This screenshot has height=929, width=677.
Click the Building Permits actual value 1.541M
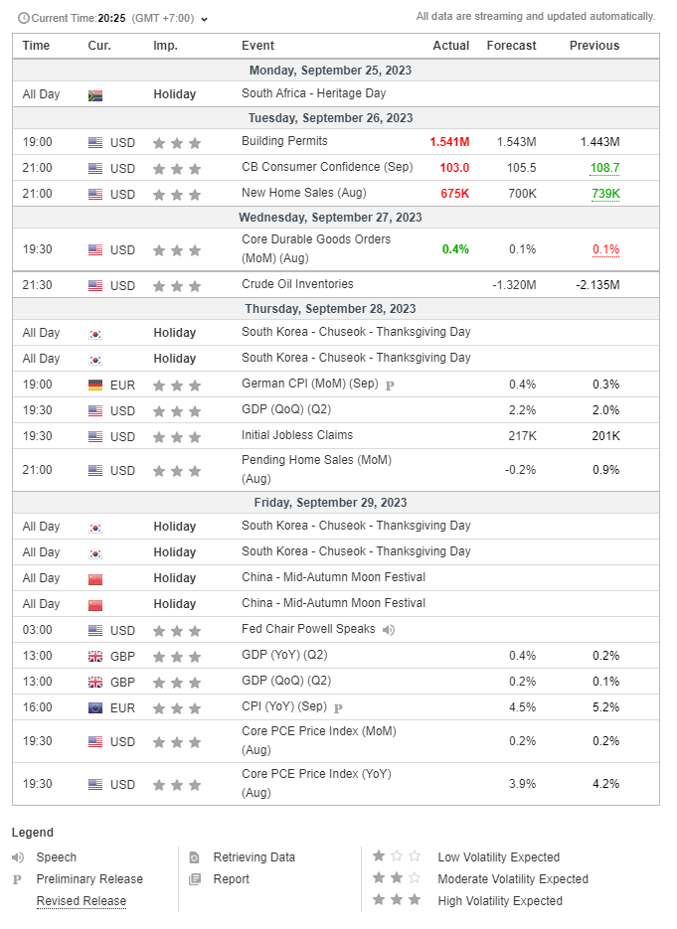coord(449,142)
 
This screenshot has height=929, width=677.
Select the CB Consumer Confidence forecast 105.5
coord(522,168)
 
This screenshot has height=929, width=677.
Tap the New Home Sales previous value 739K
coord(605,194)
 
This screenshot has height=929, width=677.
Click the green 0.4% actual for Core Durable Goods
coord(455,249)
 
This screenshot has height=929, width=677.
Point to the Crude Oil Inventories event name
coord(297,284)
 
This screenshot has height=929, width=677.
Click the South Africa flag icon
coord(94,95)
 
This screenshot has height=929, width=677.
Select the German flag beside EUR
coord(94,386)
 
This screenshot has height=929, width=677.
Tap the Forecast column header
coord(512,46)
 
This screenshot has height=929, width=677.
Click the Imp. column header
coord(165,46)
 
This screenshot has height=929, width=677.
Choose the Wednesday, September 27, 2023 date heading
coord(330,218)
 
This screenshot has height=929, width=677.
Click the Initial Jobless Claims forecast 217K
coord(522,436)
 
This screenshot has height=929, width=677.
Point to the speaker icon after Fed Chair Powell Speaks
coord(389,630)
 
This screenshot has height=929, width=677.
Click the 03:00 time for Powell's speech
coord(38,630)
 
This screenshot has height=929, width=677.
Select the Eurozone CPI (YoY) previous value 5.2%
coord(605,707)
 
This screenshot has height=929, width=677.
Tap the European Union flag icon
coord(94,708)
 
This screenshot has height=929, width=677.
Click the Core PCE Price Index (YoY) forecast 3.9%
coord(522,784)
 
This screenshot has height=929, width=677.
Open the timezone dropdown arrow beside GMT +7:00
coord(204,20)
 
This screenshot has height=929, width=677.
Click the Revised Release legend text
coord(82,901)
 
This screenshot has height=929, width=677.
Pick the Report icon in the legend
coord(195,879)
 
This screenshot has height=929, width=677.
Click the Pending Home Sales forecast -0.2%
coord(521,470)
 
